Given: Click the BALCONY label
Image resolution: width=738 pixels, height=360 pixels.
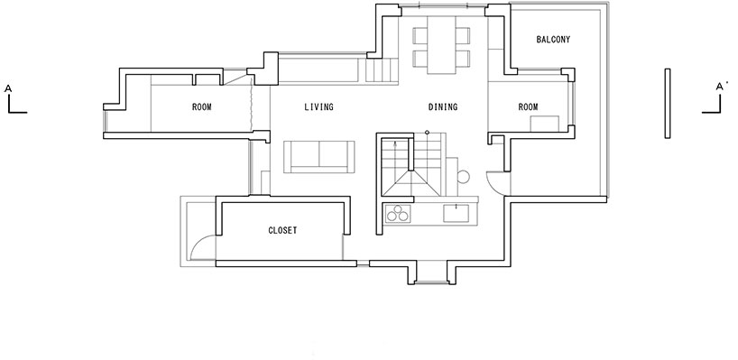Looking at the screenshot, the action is pos(553,40).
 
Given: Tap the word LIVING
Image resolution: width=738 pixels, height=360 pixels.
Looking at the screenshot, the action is pos(318,107).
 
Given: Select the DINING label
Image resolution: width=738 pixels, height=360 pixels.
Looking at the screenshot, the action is pos(443,107).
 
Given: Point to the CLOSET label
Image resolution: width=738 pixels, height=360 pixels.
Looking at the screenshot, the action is pos(282,231).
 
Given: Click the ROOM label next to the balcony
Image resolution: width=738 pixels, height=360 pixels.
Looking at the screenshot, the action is pos(528,107).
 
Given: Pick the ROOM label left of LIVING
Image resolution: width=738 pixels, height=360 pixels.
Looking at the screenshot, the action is pos(202,107).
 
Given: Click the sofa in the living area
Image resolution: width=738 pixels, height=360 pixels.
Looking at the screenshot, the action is pos(319,157).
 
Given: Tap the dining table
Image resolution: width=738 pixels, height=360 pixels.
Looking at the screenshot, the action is pos(441,45).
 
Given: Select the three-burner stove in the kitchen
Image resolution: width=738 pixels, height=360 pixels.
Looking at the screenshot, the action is pos(398,214).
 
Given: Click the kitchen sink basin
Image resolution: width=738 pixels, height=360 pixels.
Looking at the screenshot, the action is pos(457,213).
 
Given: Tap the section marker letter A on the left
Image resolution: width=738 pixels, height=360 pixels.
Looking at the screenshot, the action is pos(8,88).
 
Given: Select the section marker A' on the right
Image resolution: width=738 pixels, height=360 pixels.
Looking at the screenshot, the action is pos(720,87).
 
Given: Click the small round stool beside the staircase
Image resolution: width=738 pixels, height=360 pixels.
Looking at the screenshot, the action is pos(463,177).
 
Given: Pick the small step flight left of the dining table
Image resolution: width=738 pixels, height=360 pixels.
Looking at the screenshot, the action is pos(381,70).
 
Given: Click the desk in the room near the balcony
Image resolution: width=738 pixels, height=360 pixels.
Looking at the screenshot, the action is pos(545,124).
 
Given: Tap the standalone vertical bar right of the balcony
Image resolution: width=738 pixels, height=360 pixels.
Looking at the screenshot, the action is pos(668,104).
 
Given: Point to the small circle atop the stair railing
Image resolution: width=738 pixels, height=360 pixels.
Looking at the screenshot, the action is pos(427,133).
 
